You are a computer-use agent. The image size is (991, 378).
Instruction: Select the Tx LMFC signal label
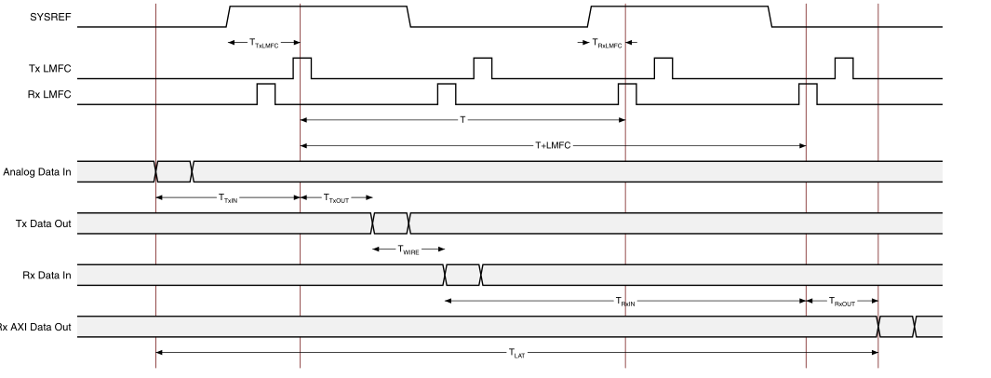50,68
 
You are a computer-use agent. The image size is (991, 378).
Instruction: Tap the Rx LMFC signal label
50,93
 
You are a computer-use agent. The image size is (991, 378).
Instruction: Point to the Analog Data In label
37,171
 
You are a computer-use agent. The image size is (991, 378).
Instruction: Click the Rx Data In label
48,275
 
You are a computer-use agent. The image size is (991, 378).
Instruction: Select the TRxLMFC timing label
607,43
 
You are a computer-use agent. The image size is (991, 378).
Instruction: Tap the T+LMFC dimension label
552,145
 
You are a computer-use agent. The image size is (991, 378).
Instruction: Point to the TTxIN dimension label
228,197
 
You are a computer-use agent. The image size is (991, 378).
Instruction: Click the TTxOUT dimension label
336,197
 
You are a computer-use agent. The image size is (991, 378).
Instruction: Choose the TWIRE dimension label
408,250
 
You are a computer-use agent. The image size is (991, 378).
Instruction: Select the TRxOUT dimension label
842,301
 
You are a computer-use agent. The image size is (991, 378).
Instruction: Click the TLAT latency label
517,352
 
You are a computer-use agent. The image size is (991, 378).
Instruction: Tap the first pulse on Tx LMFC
302,68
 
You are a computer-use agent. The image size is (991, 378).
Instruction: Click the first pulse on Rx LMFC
266,93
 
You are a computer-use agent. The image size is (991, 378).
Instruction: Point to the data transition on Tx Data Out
391,223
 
